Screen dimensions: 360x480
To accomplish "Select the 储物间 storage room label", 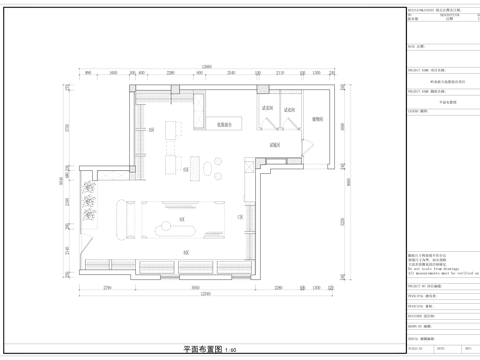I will pos(317,119).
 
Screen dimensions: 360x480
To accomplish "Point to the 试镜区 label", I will pos(274,146).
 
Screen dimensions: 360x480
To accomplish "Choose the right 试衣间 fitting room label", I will pos(290,108).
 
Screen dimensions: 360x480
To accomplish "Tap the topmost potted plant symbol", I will pos(89,187).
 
